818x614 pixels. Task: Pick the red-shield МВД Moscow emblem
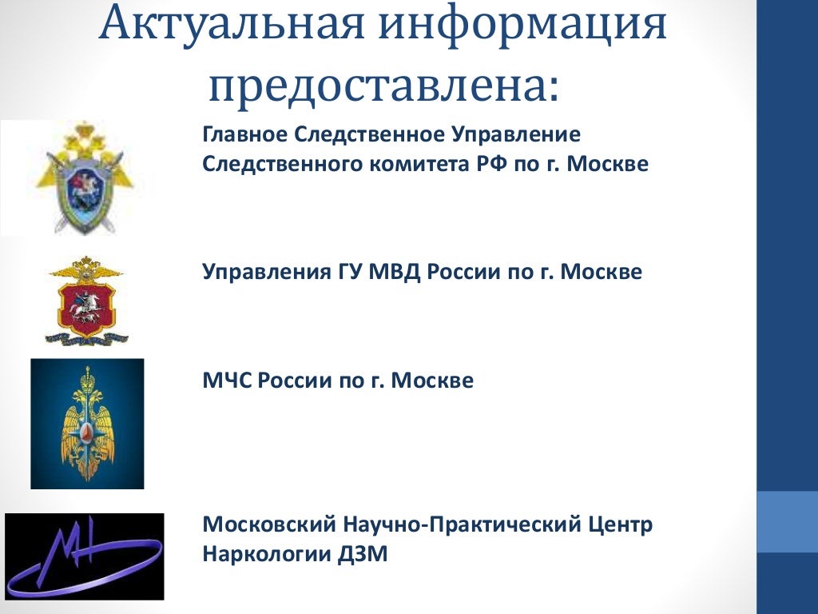tap(86, 301)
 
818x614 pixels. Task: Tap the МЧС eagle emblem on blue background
tap(87, 424)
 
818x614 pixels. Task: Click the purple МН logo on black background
tap(85, 556)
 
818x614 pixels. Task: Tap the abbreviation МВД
tap(394, 272)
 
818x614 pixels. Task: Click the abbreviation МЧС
tap(227, 380)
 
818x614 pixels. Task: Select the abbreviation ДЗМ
tap(363, 554)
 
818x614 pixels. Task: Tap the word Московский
tap(269, 524)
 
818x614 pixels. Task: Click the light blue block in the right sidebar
tap(787, 521)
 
